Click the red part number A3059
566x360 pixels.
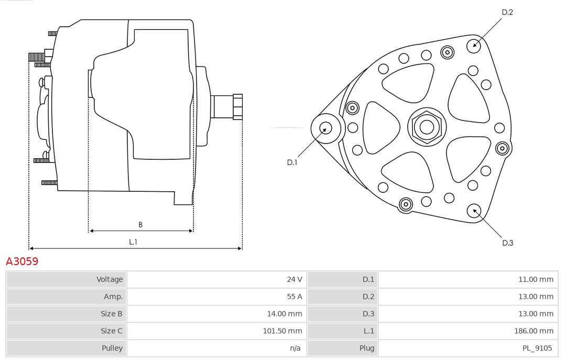(22, 261)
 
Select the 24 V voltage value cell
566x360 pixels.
(294, 279)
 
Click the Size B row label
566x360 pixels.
(112, 314)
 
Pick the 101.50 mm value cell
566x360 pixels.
(282, 331)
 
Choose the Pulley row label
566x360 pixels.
(112, 348)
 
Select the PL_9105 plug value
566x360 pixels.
(537, 348)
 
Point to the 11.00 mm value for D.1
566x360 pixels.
(536, 279)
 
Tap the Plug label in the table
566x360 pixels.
(367, 348)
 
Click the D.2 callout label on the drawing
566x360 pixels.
(507, 12)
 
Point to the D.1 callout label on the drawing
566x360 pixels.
(292, 162)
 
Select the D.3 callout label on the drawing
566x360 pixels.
(507, 243)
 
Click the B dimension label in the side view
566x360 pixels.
(140, 225)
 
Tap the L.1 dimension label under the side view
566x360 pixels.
(133, 242)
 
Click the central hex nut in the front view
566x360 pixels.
(427, 127)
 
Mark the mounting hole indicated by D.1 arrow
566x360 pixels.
(325, 127)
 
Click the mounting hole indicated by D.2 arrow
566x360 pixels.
(474, 45)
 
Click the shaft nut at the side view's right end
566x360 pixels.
(237, 106)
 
